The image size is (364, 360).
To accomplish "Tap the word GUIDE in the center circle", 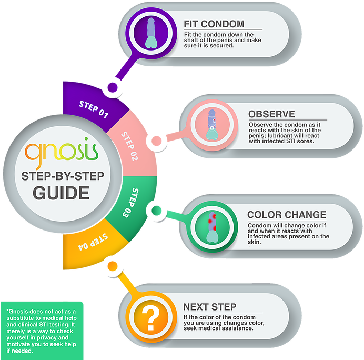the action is [62, 193].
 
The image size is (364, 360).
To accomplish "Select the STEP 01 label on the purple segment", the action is [94, 109].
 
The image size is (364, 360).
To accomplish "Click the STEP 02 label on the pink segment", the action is [129, 146].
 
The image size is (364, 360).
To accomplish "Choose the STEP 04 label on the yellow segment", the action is [93, 242].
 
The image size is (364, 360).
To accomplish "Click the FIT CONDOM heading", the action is [214, 24].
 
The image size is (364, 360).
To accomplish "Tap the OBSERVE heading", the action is [271, 114].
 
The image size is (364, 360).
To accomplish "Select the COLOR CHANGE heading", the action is [287, 215].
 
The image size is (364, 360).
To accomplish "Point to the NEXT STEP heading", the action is [210, 307].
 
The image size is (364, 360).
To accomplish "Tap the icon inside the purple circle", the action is [151, 33].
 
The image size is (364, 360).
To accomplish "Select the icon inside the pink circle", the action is [212, 125].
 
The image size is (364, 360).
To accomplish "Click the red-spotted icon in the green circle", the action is [212, 227].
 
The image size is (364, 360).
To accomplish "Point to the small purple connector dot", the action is [113, 87].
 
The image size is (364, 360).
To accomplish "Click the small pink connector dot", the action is [156, 141].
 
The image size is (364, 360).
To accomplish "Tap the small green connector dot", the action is [156, 211].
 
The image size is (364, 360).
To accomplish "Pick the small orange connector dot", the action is [113, 266].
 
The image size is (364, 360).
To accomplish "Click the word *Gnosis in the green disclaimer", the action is [18, 312].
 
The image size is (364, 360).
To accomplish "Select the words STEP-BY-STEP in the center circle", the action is [63, 176].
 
